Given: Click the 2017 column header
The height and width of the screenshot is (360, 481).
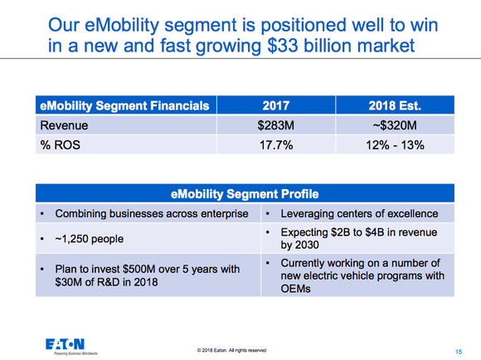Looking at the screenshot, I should click(276, 105).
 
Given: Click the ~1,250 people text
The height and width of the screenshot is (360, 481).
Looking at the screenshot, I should click(89, 239).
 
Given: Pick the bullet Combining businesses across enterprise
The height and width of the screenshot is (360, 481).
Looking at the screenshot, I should click(151, 214).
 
